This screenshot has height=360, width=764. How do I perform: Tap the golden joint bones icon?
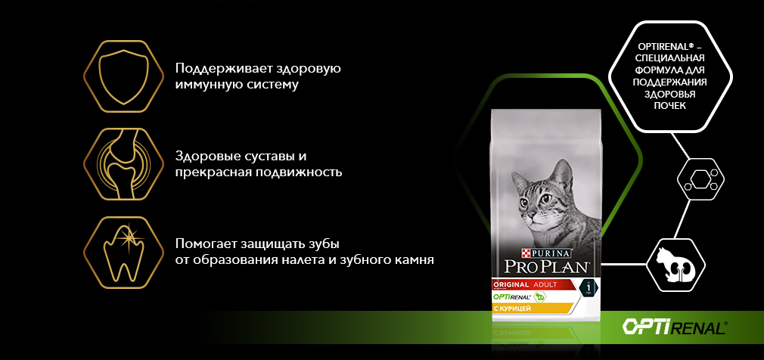(x=123, y=164)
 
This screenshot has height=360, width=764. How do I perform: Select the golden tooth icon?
(x=123, y=253)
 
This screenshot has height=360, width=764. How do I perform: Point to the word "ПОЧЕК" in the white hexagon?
(x=669, y=106)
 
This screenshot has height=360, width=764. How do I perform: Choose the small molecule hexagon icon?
(x=700, y=178)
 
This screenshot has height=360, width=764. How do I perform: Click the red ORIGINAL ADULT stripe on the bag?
(x=531, y=285)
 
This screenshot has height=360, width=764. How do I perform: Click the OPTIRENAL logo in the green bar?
(x=674, y=327)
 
